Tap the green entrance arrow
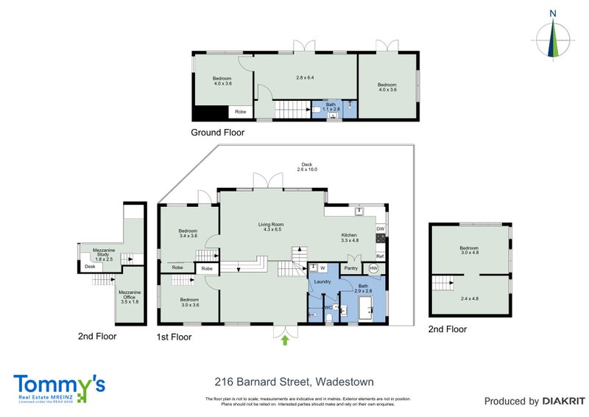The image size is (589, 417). point(285,340)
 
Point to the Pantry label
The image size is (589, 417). point(350,268)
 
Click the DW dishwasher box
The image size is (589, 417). point(381,229)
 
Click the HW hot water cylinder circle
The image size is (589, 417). point(373,268)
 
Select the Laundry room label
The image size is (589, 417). point(322,282)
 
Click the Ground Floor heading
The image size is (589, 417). point(217,133)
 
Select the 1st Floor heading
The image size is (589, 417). point(175,337)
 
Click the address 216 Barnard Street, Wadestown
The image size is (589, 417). point(294,382)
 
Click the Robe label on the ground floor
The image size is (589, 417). point(240,112)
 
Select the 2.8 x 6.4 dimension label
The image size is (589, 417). point(305,77)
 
